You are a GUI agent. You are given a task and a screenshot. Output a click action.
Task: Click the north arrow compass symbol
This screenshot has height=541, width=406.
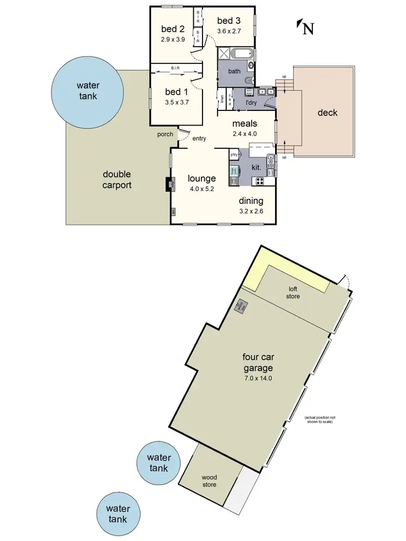point(305,27)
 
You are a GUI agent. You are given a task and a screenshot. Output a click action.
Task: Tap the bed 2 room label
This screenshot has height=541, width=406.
point(173,29)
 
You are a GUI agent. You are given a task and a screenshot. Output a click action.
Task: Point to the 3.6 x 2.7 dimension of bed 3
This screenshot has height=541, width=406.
point(229,30)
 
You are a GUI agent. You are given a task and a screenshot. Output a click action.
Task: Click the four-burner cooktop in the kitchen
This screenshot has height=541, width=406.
point(260,181)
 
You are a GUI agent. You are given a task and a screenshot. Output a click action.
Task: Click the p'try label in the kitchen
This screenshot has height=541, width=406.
point(234,155)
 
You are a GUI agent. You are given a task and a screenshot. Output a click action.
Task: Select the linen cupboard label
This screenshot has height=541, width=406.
point(222,99)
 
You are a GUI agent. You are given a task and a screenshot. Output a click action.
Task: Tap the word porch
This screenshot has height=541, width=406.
point(165,134)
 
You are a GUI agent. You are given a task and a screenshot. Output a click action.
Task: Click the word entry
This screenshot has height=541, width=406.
point(199,138)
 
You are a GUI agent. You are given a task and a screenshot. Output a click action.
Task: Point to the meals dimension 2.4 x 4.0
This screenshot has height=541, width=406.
point(245,134)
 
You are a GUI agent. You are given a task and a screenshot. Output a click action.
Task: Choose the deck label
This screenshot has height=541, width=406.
point(328,113)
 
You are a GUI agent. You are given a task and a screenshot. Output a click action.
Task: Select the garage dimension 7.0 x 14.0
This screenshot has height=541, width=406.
point(257,378)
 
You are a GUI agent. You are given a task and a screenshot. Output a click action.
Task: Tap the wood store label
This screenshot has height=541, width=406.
point(209,481)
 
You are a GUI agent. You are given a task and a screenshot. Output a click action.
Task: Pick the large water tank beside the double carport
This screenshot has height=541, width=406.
point(87,89)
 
